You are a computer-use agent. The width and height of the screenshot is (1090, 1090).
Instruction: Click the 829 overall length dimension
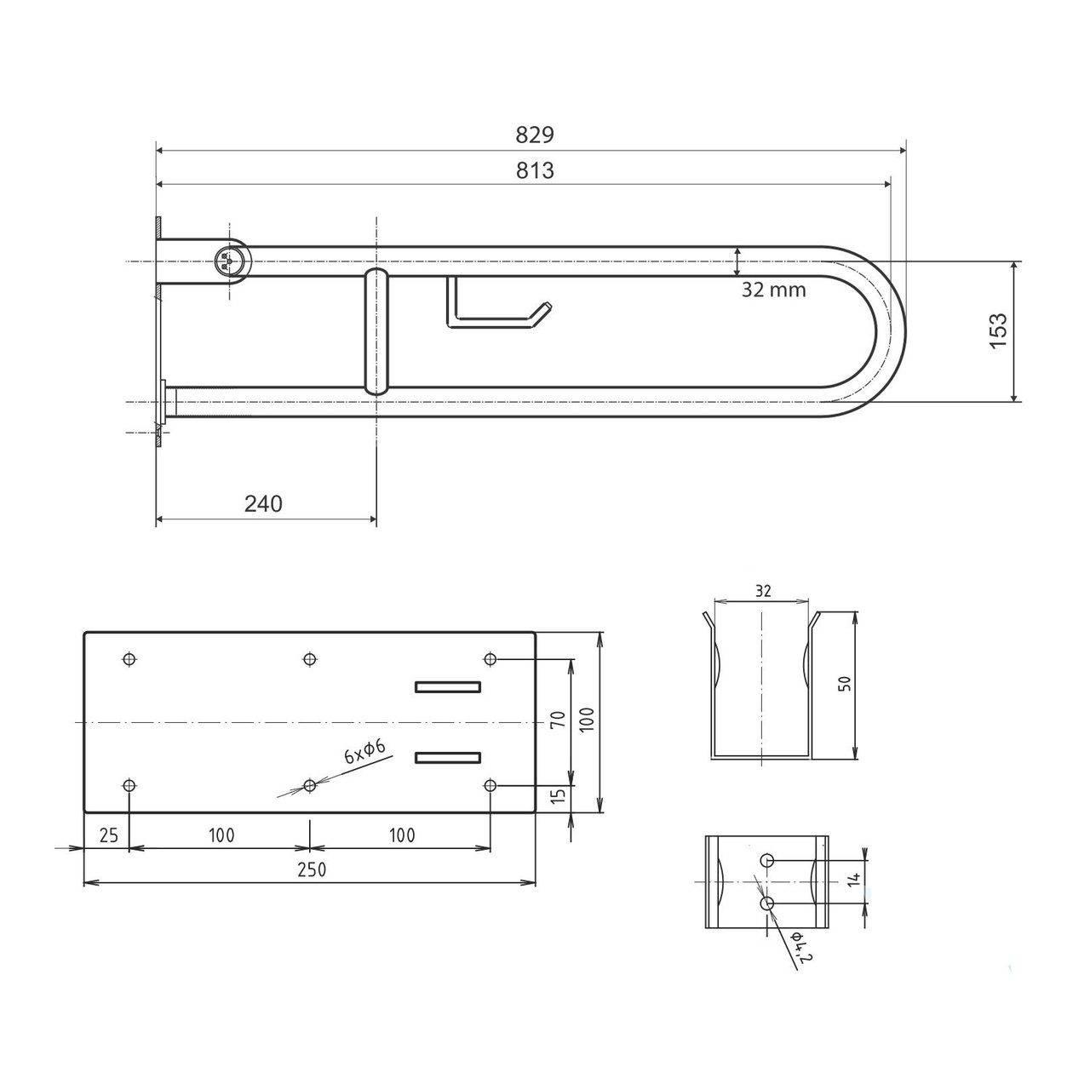pos(535,135)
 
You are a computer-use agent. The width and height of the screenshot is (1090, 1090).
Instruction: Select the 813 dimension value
pos(535,170)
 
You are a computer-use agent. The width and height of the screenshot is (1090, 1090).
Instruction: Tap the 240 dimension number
pos(263,503)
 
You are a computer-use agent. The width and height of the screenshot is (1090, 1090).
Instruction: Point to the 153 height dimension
pos(999,330)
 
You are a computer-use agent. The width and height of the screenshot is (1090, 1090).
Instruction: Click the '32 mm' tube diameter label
pos(773,290)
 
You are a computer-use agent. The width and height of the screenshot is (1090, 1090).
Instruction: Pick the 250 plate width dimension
pos(312,869)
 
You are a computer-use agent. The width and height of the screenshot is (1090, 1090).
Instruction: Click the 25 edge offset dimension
pos(108,835)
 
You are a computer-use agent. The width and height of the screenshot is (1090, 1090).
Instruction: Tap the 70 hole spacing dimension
pos(558,719)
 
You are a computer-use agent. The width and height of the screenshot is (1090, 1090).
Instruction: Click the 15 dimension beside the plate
pos(558,795)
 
